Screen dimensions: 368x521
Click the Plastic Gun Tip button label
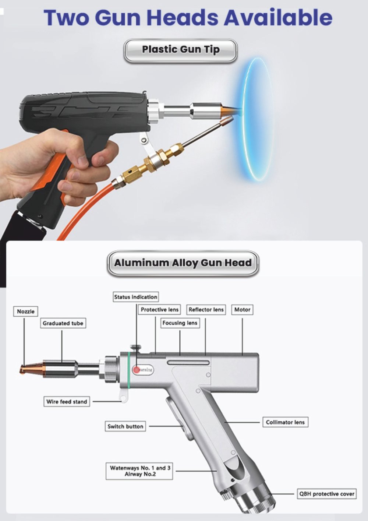point(181,51)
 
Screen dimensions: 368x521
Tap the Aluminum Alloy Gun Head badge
point(183,263)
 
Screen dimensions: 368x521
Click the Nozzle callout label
point(25,311)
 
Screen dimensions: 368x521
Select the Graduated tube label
point(63,323)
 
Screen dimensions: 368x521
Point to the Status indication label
point(136,297)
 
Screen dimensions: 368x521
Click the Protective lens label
point(159,310)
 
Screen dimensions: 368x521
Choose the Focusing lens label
point(180,323)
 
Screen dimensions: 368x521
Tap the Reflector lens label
point(206,310)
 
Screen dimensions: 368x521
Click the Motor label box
point(242,310)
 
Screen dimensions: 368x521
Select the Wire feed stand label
point(67,401)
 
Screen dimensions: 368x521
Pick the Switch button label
point(125,426)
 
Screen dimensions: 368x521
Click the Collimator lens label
point(286,422)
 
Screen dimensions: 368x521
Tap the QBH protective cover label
point(327,493)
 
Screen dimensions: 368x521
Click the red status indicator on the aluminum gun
point(136,370)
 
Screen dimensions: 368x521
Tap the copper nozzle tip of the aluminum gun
point(23,369)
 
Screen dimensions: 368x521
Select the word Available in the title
point(278,18)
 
